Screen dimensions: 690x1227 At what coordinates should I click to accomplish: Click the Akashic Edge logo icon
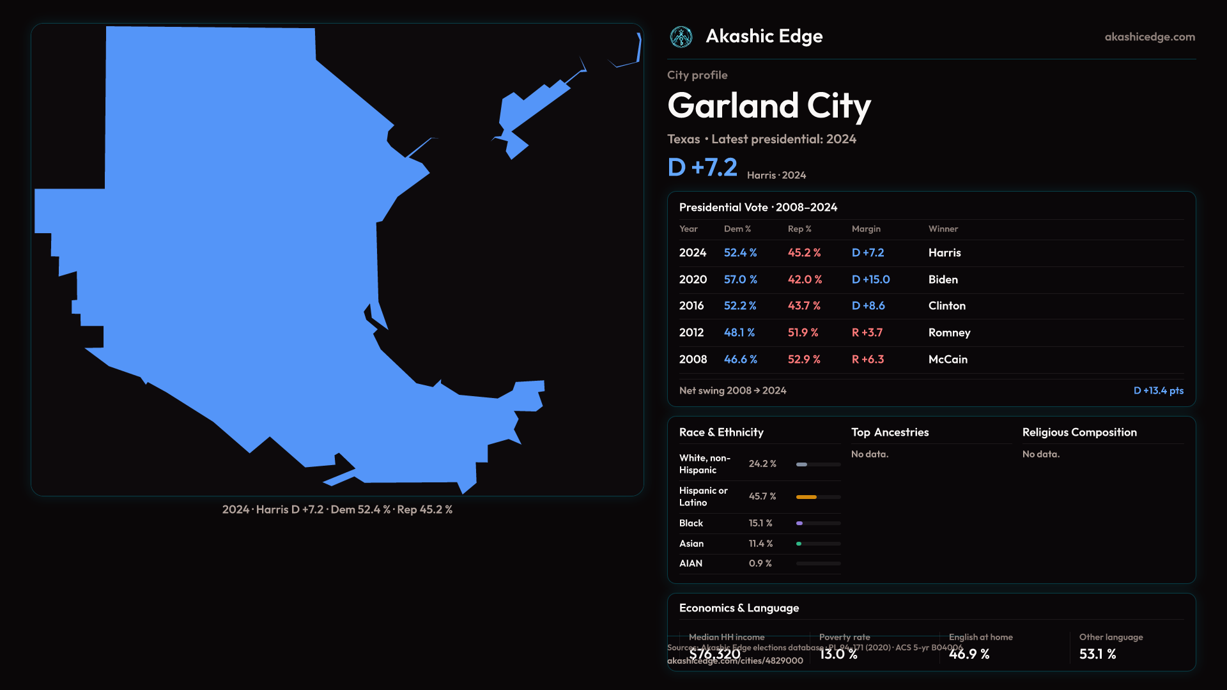point(681,37)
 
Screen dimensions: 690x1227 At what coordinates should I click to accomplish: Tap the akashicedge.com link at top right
point(1150,37)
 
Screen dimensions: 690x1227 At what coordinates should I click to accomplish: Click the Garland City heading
point(769,105)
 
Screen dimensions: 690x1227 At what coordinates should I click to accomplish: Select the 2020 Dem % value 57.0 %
point(740,280)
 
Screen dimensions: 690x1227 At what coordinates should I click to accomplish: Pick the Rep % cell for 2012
point(803,333)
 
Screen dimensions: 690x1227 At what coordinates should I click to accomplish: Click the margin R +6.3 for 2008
point(868,360)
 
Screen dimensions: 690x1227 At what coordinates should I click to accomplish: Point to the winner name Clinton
point(946,306)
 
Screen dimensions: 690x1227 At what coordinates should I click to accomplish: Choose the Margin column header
point(866,229)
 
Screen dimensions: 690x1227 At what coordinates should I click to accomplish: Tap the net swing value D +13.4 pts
point(1158,391)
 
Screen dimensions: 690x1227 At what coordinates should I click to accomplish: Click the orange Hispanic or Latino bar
point(806,497)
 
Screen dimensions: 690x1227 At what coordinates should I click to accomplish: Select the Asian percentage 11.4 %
point(760,544)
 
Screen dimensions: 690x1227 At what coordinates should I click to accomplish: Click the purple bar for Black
point(799,523)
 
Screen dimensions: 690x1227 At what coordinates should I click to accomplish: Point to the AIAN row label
point(691,563)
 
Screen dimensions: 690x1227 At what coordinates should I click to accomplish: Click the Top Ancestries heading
point(890,433)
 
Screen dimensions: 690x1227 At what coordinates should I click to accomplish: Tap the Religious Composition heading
point(1079,433)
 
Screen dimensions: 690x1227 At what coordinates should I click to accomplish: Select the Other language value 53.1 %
point(1097,654)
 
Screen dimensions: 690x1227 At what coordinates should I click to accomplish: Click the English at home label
point(980,637)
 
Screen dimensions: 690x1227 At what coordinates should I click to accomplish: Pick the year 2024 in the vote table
point(693,253)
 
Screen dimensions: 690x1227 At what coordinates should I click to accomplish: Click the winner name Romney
point(949,333)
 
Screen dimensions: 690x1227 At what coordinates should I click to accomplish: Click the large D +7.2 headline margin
point(702,167)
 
